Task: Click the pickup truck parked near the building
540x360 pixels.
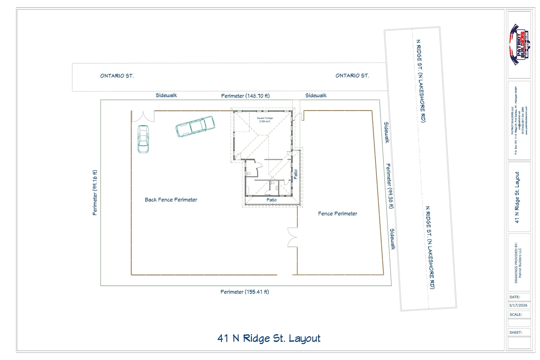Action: click(x=194, y=127)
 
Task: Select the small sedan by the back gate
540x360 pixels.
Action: click(x=143, y=139)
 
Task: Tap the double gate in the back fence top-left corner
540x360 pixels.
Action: click(x=143, y=116)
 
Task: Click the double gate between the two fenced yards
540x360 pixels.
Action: click(x=292, y=237)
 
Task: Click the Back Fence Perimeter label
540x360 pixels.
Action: click(x=171, y=200)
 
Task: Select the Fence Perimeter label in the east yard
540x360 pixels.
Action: click(x=337, y=214)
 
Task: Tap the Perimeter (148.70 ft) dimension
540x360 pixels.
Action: click(x=245, y=96)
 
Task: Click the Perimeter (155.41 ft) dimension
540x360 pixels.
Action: click(x=245, y=292)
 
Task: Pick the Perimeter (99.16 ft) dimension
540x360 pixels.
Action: click(x=95, y=192)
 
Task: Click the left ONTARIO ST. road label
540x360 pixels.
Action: click(x=117, y=76)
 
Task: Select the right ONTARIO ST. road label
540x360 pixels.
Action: click(x=352, y=76)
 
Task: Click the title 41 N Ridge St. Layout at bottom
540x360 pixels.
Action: click(x=269, y=338)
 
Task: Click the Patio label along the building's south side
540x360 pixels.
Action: click(x=272, y=200)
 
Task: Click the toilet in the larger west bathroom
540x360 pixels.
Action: click(x=249, y=173)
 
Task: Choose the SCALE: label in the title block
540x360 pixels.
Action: click(x=516, y=314)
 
